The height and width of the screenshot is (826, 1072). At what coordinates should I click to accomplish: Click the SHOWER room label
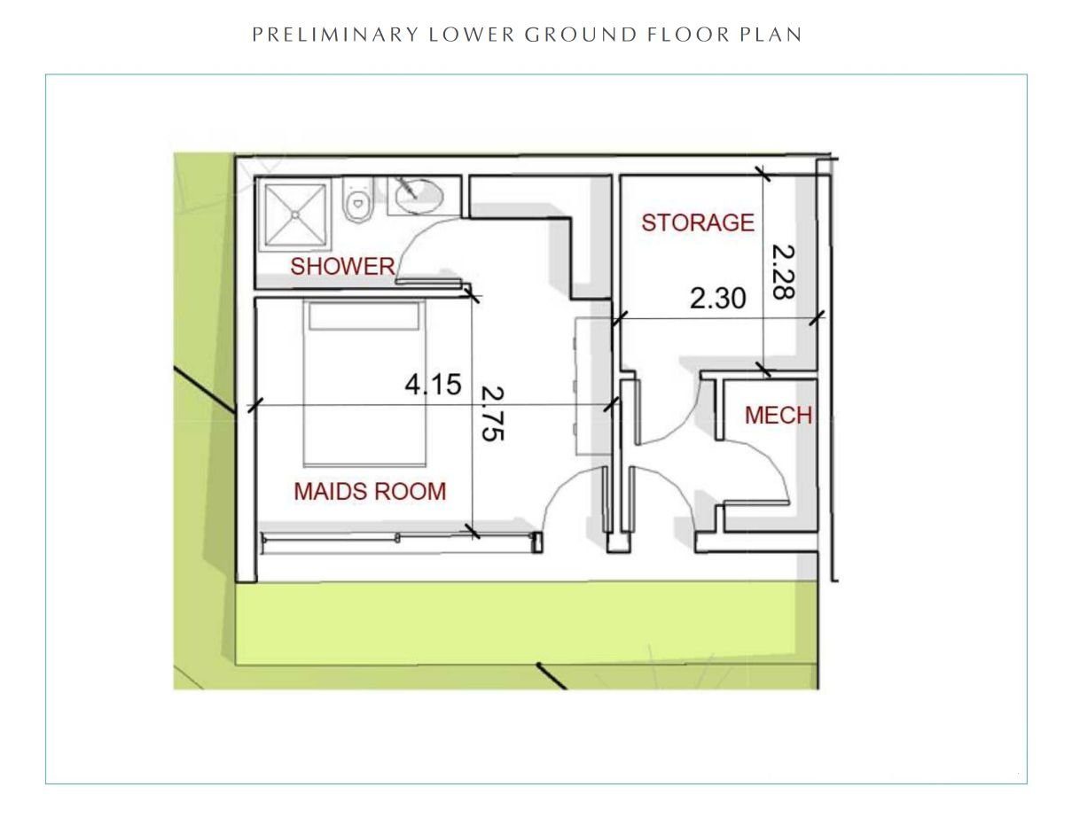tap(342, 267)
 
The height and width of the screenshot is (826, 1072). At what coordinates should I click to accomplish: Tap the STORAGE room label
tap(698, 222)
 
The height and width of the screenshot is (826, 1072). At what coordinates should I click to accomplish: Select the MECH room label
tap(778, 416)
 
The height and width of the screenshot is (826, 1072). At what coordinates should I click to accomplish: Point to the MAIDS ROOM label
tap(370, 492)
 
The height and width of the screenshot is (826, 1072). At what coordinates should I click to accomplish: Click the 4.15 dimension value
tap(433, 385)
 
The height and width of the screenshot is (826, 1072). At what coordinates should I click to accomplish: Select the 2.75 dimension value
tap(492, 413)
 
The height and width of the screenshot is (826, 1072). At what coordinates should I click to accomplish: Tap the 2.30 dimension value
tap(718, 299)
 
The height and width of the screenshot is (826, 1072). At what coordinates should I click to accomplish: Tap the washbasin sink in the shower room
tap(419, 197)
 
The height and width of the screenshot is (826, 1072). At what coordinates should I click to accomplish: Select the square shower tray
tap(295, 215)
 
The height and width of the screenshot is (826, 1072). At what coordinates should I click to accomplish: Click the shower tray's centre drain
tap(295, 215)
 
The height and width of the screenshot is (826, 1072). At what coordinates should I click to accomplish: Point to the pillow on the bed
tap(364, 316)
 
